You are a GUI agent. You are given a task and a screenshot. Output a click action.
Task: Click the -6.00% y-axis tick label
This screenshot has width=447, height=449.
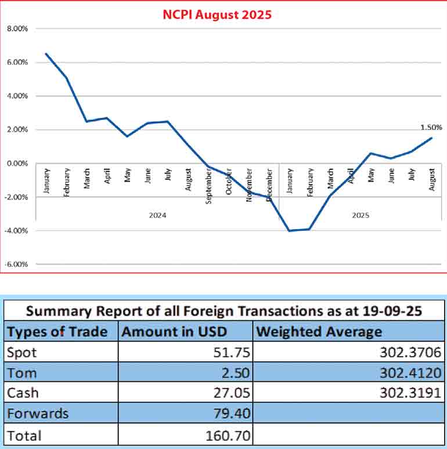pos(18,264)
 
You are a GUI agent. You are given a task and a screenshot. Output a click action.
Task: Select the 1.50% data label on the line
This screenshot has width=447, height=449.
pos(430,127)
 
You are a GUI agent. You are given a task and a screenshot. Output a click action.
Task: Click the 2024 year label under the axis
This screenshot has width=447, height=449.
pos(157,215)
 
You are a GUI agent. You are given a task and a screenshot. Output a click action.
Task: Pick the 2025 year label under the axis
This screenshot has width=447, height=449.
pos(360,215)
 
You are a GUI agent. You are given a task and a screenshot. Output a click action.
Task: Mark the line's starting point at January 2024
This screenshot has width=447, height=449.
pos(45,54)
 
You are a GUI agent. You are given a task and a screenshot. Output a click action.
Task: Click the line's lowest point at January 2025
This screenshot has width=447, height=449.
pos(289,231)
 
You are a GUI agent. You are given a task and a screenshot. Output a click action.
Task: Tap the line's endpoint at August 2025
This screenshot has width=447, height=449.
pos(432,138)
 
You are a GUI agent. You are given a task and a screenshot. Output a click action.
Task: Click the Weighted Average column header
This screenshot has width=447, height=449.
pos(319,332)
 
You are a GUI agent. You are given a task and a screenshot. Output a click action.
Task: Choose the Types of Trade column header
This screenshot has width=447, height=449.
pos(57,332)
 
